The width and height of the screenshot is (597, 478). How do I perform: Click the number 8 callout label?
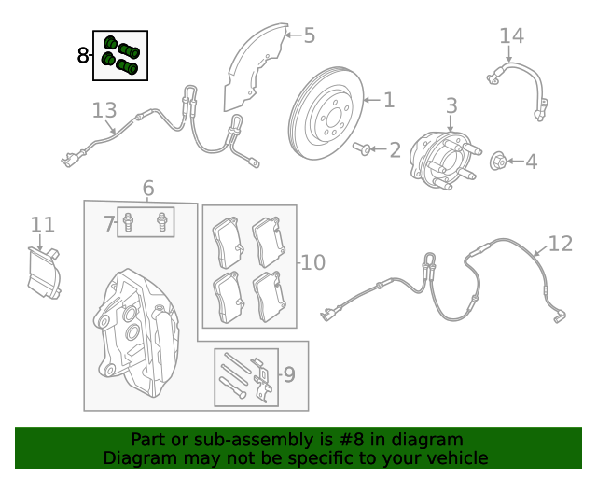click(x=83, y=56)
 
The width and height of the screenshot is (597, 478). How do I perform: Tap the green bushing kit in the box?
click(x=119, y=55)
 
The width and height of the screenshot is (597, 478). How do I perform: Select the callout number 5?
click(x=309, y=36)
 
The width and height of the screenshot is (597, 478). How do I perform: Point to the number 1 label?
click(x=389, y=100)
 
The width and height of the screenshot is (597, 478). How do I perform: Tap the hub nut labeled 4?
click(x=499, y=162)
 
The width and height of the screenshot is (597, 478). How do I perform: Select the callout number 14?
click(x=511, y=35)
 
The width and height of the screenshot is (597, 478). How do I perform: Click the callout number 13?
click(x=104, y=111)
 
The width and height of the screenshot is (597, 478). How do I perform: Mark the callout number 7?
click(x=108, y=224)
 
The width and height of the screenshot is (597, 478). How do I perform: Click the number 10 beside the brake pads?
click(x=312, y=262)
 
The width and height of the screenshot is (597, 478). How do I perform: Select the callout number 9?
click(x=288, y=375)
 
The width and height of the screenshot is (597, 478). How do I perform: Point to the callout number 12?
click(x=560, y=244)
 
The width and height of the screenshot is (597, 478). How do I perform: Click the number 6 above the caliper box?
click(x=148, y=190)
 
